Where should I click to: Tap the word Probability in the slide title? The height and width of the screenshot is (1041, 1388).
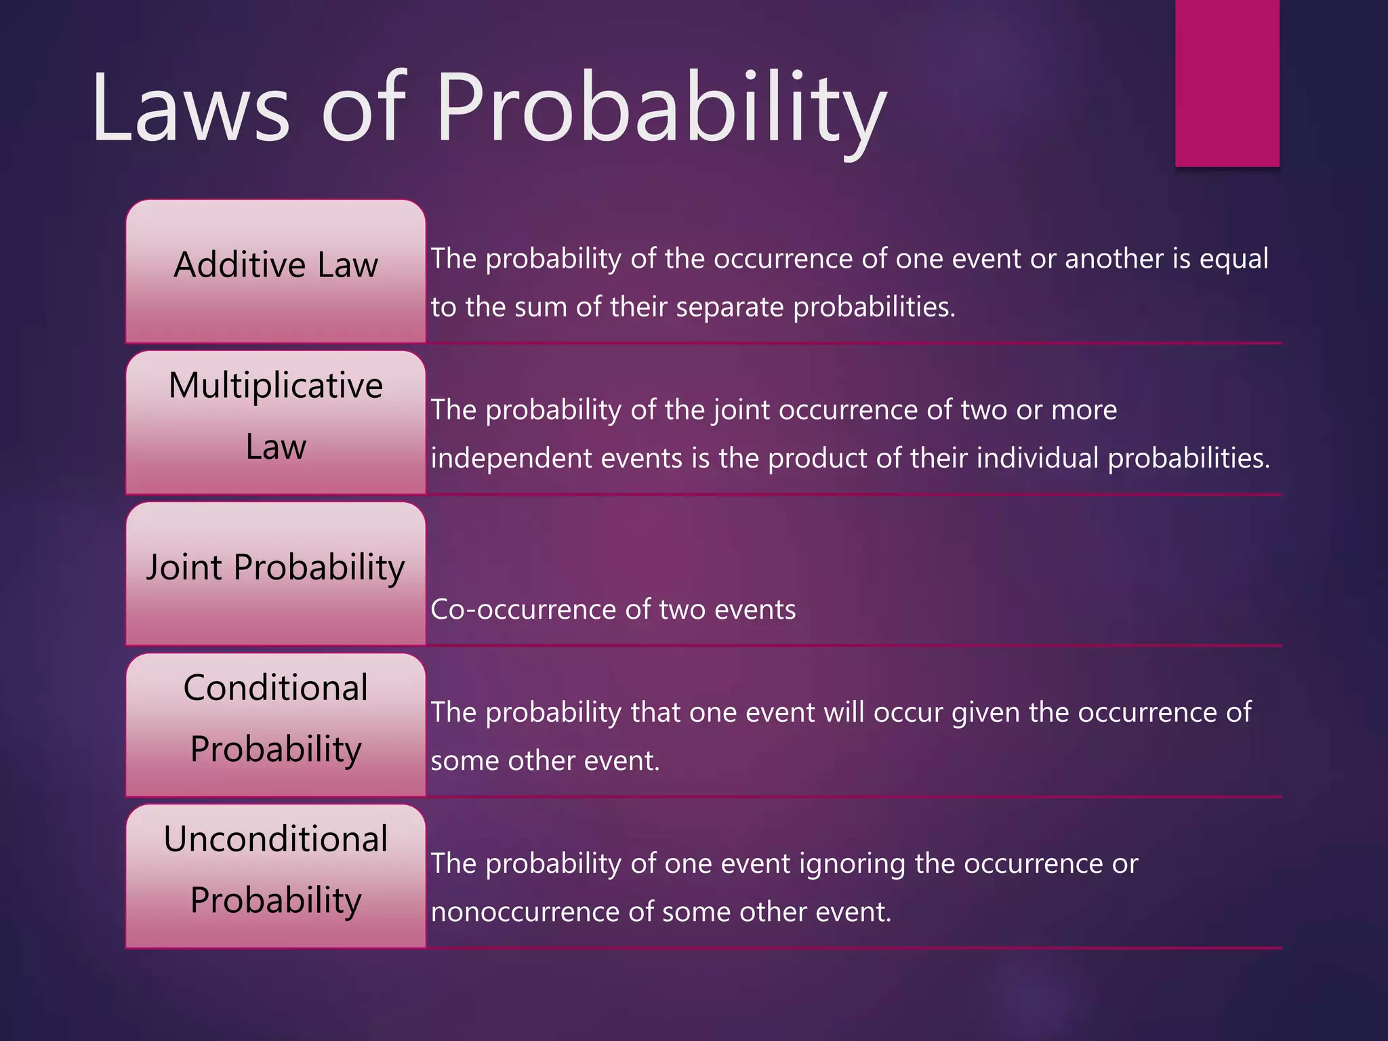pyautogui.click(x=661, y=108)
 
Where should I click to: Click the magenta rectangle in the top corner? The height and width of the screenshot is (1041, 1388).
pyautogui.click(x=1227, y=83)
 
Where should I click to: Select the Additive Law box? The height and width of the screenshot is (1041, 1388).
pyautogui.click(x=275, y=271)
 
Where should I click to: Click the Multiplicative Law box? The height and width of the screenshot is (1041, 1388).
pyautogui.click(x=275, y=422)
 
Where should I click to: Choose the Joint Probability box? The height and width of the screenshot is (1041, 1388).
pyautogui.click(x=275, y=573)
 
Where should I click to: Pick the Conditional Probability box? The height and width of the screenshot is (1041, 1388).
pyautogui.click(x=275, y=724)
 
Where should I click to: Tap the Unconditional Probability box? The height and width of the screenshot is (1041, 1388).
pyautogui.click(x=275, y=876)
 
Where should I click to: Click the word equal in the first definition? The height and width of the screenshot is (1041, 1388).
pyautogui.click(x=1233, y=260)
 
